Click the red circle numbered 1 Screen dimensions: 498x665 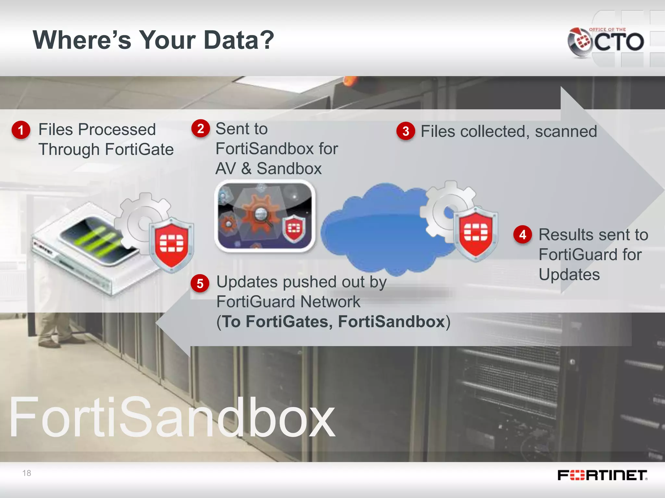(21, 130)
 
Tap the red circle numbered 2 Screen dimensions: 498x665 (201, 128)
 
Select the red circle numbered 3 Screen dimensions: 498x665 (406, 131)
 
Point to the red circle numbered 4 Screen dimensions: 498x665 (522, 234)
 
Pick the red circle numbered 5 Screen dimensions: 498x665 (200, 283)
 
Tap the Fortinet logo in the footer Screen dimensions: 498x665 (602, 475)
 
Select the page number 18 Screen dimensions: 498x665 (27, 473)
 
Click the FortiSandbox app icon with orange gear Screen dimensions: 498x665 (265, 216)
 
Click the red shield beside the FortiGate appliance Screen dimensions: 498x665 (171, 243)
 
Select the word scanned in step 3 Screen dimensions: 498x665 (566, 132)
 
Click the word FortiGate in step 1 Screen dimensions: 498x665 (139, 149)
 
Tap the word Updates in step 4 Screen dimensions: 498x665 (569, 275)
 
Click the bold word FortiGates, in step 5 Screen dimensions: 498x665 (289, 322)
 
